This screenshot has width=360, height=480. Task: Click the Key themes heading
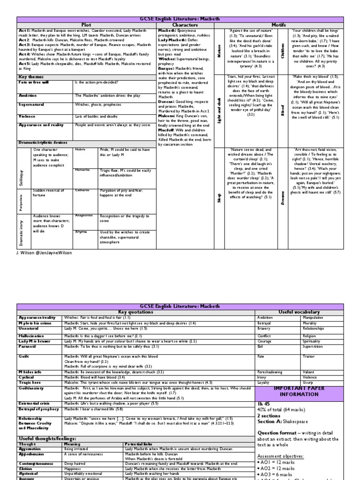tap(30, 76)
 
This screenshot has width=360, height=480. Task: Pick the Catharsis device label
tap(82, 191)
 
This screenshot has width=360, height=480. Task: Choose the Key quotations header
tap(136, 312)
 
